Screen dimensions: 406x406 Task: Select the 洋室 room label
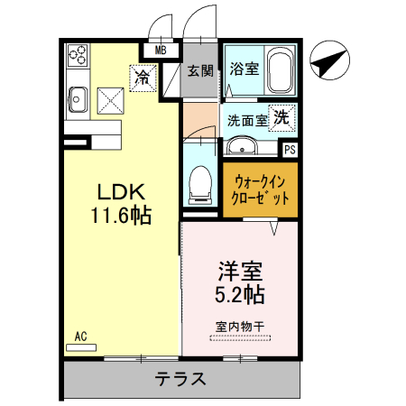click(239, 270)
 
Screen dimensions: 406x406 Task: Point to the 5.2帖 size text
click(239, 293)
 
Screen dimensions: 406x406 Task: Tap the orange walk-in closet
click(261, 189)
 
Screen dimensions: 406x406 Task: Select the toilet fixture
click(200, 185)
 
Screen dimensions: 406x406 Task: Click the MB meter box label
click(161, 51)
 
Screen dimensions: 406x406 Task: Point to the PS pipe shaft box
click(290, 150)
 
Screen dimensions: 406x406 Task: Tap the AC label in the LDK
click(80, 337)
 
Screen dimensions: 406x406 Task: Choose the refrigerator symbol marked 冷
click(143, 78)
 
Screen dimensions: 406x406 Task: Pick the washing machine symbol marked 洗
click(281, 116)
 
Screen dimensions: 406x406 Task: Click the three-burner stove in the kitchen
click(76, 55)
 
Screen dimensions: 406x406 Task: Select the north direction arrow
click(326, 63)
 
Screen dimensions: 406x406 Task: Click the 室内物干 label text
click(239, 327)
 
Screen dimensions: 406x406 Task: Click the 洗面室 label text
click(245, 119)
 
